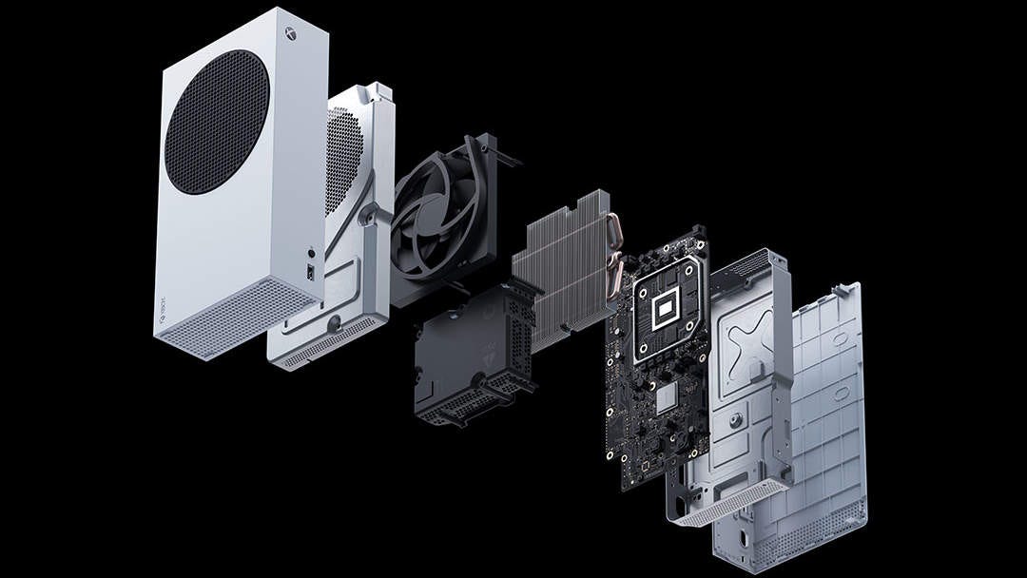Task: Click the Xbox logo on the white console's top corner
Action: (x=286, y=30)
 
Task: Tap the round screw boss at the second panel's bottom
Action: (x=332, y=322)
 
